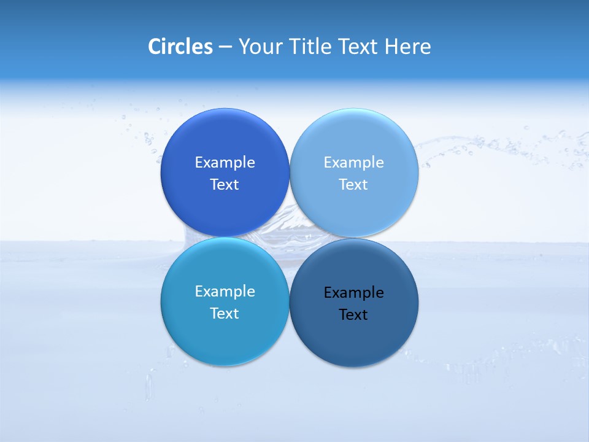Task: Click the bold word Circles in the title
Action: tap(180, 47)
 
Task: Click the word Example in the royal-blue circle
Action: tap(225, 163)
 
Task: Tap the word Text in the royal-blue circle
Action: tap(225, 185)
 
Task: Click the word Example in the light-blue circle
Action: tap(354, 163)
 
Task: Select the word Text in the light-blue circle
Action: tap(354, 185)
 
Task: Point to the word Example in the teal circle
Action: tap(225, 292)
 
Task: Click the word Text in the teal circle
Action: tap(225, 314)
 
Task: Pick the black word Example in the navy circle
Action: tap(354, 293)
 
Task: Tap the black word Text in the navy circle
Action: tap(354, 315)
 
